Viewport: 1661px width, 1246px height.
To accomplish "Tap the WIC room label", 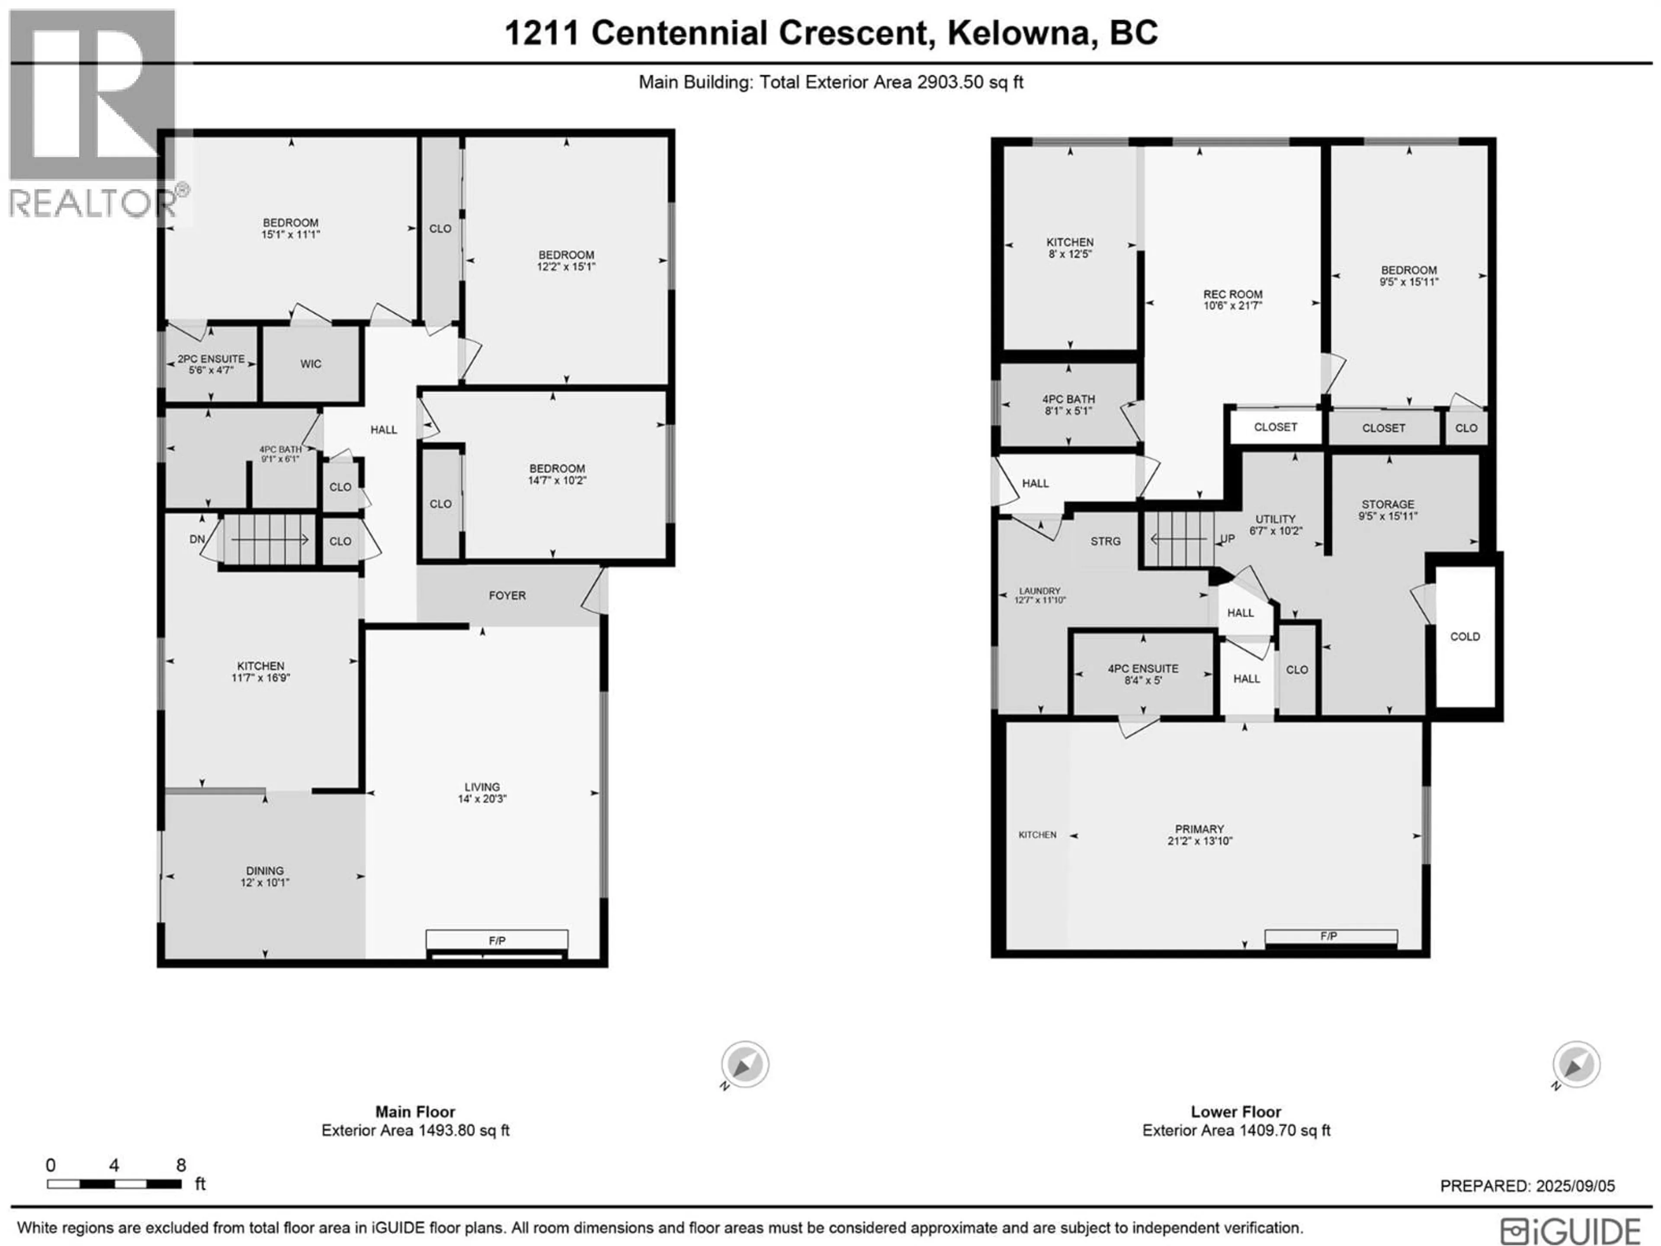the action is [311, 364].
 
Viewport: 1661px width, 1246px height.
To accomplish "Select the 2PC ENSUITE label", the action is [211, 359].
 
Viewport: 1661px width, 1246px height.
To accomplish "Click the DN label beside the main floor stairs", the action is [197, 539].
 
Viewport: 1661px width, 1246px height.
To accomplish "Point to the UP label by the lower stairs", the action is [1227, 539].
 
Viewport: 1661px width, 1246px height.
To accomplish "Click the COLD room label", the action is [1465, 637].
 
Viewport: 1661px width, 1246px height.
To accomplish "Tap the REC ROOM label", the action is [1233, 295].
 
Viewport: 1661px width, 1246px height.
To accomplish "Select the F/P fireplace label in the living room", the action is [497, 940].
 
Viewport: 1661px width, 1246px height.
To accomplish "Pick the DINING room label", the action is [264, 871].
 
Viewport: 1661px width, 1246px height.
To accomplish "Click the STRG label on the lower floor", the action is [1105, 542].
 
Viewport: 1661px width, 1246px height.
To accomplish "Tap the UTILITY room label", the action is [1276, 519].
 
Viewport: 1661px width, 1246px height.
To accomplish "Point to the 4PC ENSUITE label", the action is [1143, 668].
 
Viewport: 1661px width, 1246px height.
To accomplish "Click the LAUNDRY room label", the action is [1040, 591].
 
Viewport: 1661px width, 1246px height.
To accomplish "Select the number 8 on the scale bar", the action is [181, 1165].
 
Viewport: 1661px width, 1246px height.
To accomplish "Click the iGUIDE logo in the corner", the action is [1571, 1232].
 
